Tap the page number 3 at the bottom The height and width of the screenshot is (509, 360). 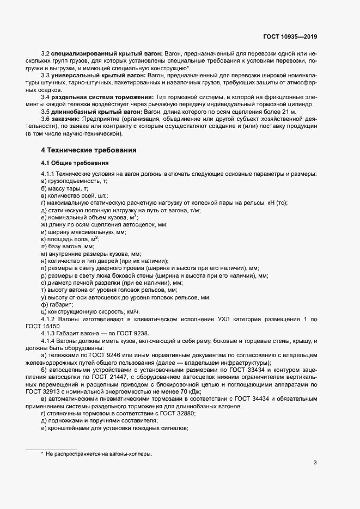pyautogui.click(x=315, y=463)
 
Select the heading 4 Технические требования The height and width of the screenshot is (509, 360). pyautogui.click(x=88, y=150)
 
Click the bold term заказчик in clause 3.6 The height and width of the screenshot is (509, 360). pyautogui.click(x=65, y=118)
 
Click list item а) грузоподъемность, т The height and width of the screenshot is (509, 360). pyautogui.click(x=74, y=181)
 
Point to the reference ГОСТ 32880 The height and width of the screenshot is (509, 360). pyautogui.click(x=178, y=414)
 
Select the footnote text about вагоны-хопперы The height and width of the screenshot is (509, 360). pyautogui.click(x=99, y=453)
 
